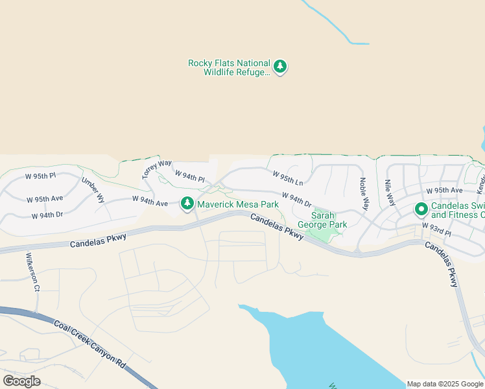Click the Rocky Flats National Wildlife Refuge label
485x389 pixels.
click(229, 67)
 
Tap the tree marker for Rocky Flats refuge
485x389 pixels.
click(280, 66)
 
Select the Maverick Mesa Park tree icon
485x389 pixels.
click(187, 204)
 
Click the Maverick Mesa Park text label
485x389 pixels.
click(238, 204)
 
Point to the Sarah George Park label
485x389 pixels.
click(329, 220)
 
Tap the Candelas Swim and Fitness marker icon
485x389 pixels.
click(421, 209)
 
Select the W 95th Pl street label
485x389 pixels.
click(41, 176)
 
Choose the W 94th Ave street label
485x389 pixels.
click(150, 202)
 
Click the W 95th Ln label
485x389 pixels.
click(289, 177)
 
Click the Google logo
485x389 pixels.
click(21, 381)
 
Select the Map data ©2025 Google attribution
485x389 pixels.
click(445, 384)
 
